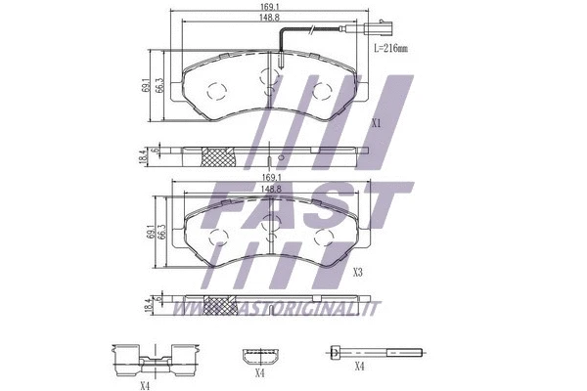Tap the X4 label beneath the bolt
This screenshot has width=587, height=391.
[358, 367]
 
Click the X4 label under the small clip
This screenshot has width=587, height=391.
[260, 373]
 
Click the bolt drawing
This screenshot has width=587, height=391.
[376, 351]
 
